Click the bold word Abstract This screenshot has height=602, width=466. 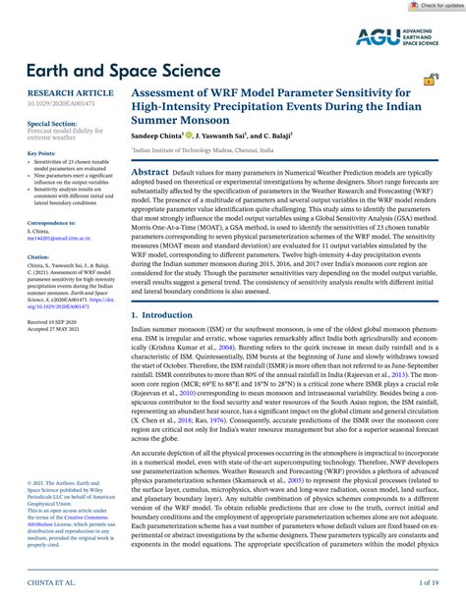[150, 171]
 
